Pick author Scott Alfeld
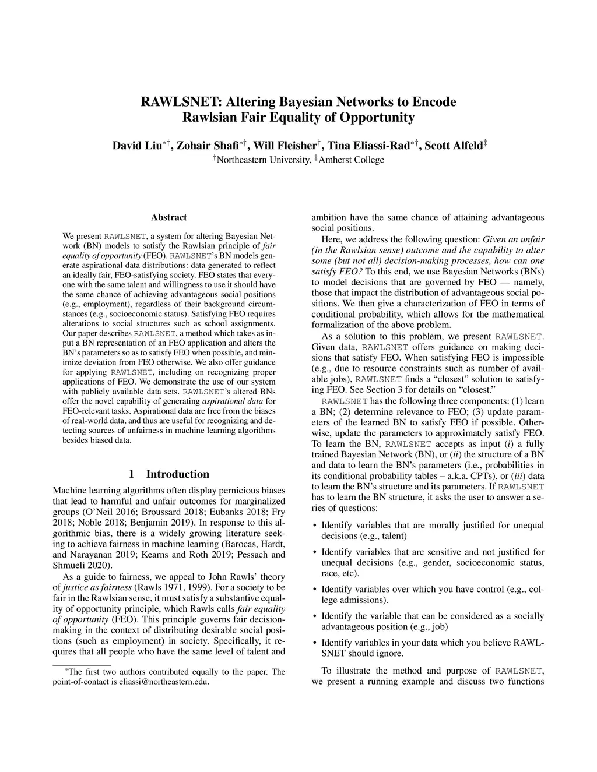click(452, 145)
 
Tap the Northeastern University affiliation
click(263, 160)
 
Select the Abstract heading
click(168, 217)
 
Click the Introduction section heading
click(177, 474)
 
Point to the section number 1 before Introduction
click(132, 474)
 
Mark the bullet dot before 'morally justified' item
click(315, 526)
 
